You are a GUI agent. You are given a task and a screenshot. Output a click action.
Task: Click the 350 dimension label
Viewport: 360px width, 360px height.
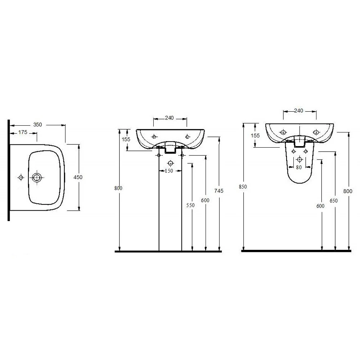tap(38, 125)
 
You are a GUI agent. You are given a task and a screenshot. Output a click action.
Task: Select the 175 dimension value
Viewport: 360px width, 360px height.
tap(23, 132)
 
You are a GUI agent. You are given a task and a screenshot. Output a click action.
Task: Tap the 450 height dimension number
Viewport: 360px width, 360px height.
tap(78, 177)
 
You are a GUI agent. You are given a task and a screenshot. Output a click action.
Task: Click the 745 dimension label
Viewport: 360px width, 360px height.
tap(219, 190)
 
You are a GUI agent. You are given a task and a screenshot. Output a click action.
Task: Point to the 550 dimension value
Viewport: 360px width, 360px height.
tap(190, 205)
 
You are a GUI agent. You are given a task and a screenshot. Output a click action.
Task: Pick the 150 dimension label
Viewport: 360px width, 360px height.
tap(169, 171)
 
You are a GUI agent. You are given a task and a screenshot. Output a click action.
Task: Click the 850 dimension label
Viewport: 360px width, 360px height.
tap(243, 186)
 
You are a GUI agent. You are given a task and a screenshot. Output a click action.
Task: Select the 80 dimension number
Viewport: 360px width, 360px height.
tap(299, 167)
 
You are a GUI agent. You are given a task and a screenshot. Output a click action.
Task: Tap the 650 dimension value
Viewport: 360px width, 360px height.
tap(334, 201)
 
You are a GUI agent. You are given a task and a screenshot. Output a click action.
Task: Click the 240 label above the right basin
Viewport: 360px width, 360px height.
tap(299, 111)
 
